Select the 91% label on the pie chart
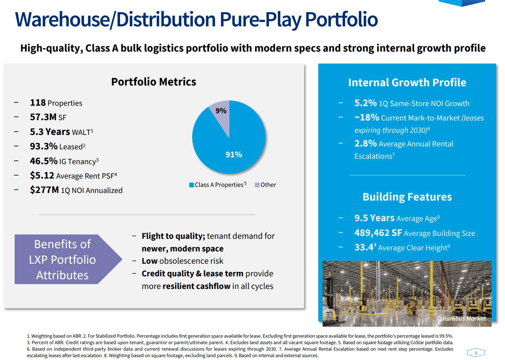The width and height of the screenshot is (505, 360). [234, 155]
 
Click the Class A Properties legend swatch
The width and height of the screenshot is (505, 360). [191, 185]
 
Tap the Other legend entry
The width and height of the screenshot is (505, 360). [266, 185]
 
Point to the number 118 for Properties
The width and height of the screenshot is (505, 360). [38, 103]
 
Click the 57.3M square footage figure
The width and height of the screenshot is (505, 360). [43, 117]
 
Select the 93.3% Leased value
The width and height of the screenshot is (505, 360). [44, 146]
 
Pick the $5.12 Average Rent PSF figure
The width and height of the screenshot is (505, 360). [42, 176]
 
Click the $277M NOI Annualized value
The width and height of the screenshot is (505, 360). [44, 190]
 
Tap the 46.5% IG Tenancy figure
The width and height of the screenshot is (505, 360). [44, 161]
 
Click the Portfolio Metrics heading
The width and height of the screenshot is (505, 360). [154, 82]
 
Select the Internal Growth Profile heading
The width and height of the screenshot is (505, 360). [407, 83]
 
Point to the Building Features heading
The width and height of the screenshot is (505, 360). [407, 197]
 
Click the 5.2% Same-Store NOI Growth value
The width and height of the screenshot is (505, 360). [365, 103]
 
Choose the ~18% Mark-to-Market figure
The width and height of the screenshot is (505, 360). [367, 118]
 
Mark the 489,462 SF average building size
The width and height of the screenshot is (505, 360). [378, 233]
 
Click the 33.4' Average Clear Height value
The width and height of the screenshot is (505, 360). [365, 247]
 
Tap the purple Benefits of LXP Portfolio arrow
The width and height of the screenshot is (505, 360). [65, 260]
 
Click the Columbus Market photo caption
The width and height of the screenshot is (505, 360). [461, 319]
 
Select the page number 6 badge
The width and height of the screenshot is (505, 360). [476, 353]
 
